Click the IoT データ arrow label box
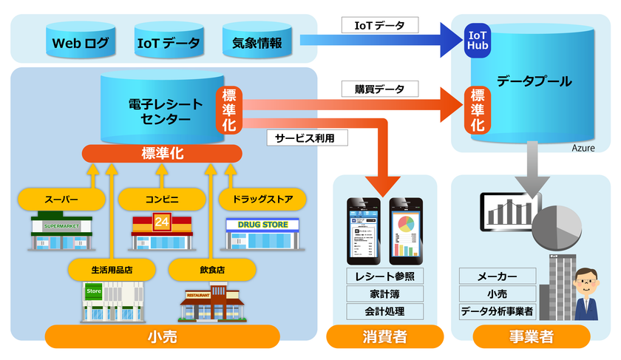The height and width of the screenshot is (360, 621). (x=380, y=25)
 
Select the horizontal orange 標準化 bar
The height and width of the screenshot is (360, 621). (x=162, y=153)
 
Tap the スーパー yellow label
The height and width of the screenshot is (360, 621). (x=61, y=198)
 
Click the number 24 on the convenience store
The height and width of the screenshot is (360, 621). (x=161, y=220)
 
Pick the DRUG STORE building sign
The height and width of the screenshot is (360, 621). (x=262, y=224)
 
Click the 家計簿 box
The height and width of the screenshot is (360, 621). (x=384, y=293)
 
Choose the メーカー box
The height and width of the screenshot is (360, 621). (x=497, y=276)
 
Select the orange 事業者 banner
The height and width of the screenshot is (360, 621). (x=531, y=337)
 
